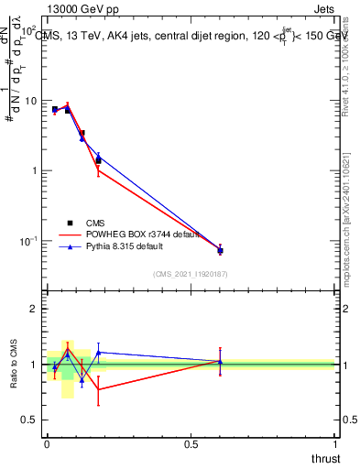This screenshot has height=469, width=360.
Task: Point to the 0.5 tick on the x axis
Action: (x=191, y=443)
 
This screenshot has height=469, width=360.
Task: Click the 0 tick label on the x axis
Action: (x=47, y=443)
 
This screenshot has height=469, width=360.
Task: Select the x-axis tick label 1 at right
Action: (x=335, y=443)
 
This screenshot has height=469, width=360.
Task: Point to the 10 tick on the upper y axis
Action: (x=32, y=101)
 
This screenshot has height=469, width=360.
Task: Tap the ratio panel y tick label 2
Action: (x=35, y=309)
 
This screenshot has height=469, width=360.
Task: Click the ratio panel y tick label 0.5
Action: (x=30, y=420)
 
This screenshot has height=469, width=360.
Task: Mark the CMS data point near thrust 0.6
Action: (x=220, y=250)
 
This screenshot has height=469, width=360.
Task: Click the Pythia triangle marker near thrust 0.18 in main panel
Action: (x=98, y=157)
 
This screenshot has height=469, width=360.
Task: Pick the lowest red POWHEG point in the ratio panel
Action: (x=98, y=389)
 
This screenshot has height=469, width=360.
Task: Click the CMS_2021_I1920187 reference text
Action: (x=190, y=273)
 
